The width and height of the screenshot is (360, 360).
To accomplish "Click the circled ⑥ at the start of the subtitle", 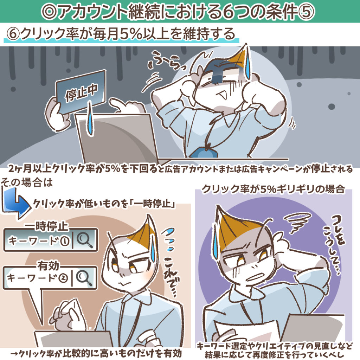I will click(x=13, y=34).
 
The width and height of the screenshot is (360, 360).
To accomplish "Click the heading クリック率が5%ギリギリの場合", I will click(x=272, y=189).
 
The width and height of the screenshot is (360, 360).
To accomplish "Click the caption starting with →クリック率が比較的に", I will click(x=95, y=353).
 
